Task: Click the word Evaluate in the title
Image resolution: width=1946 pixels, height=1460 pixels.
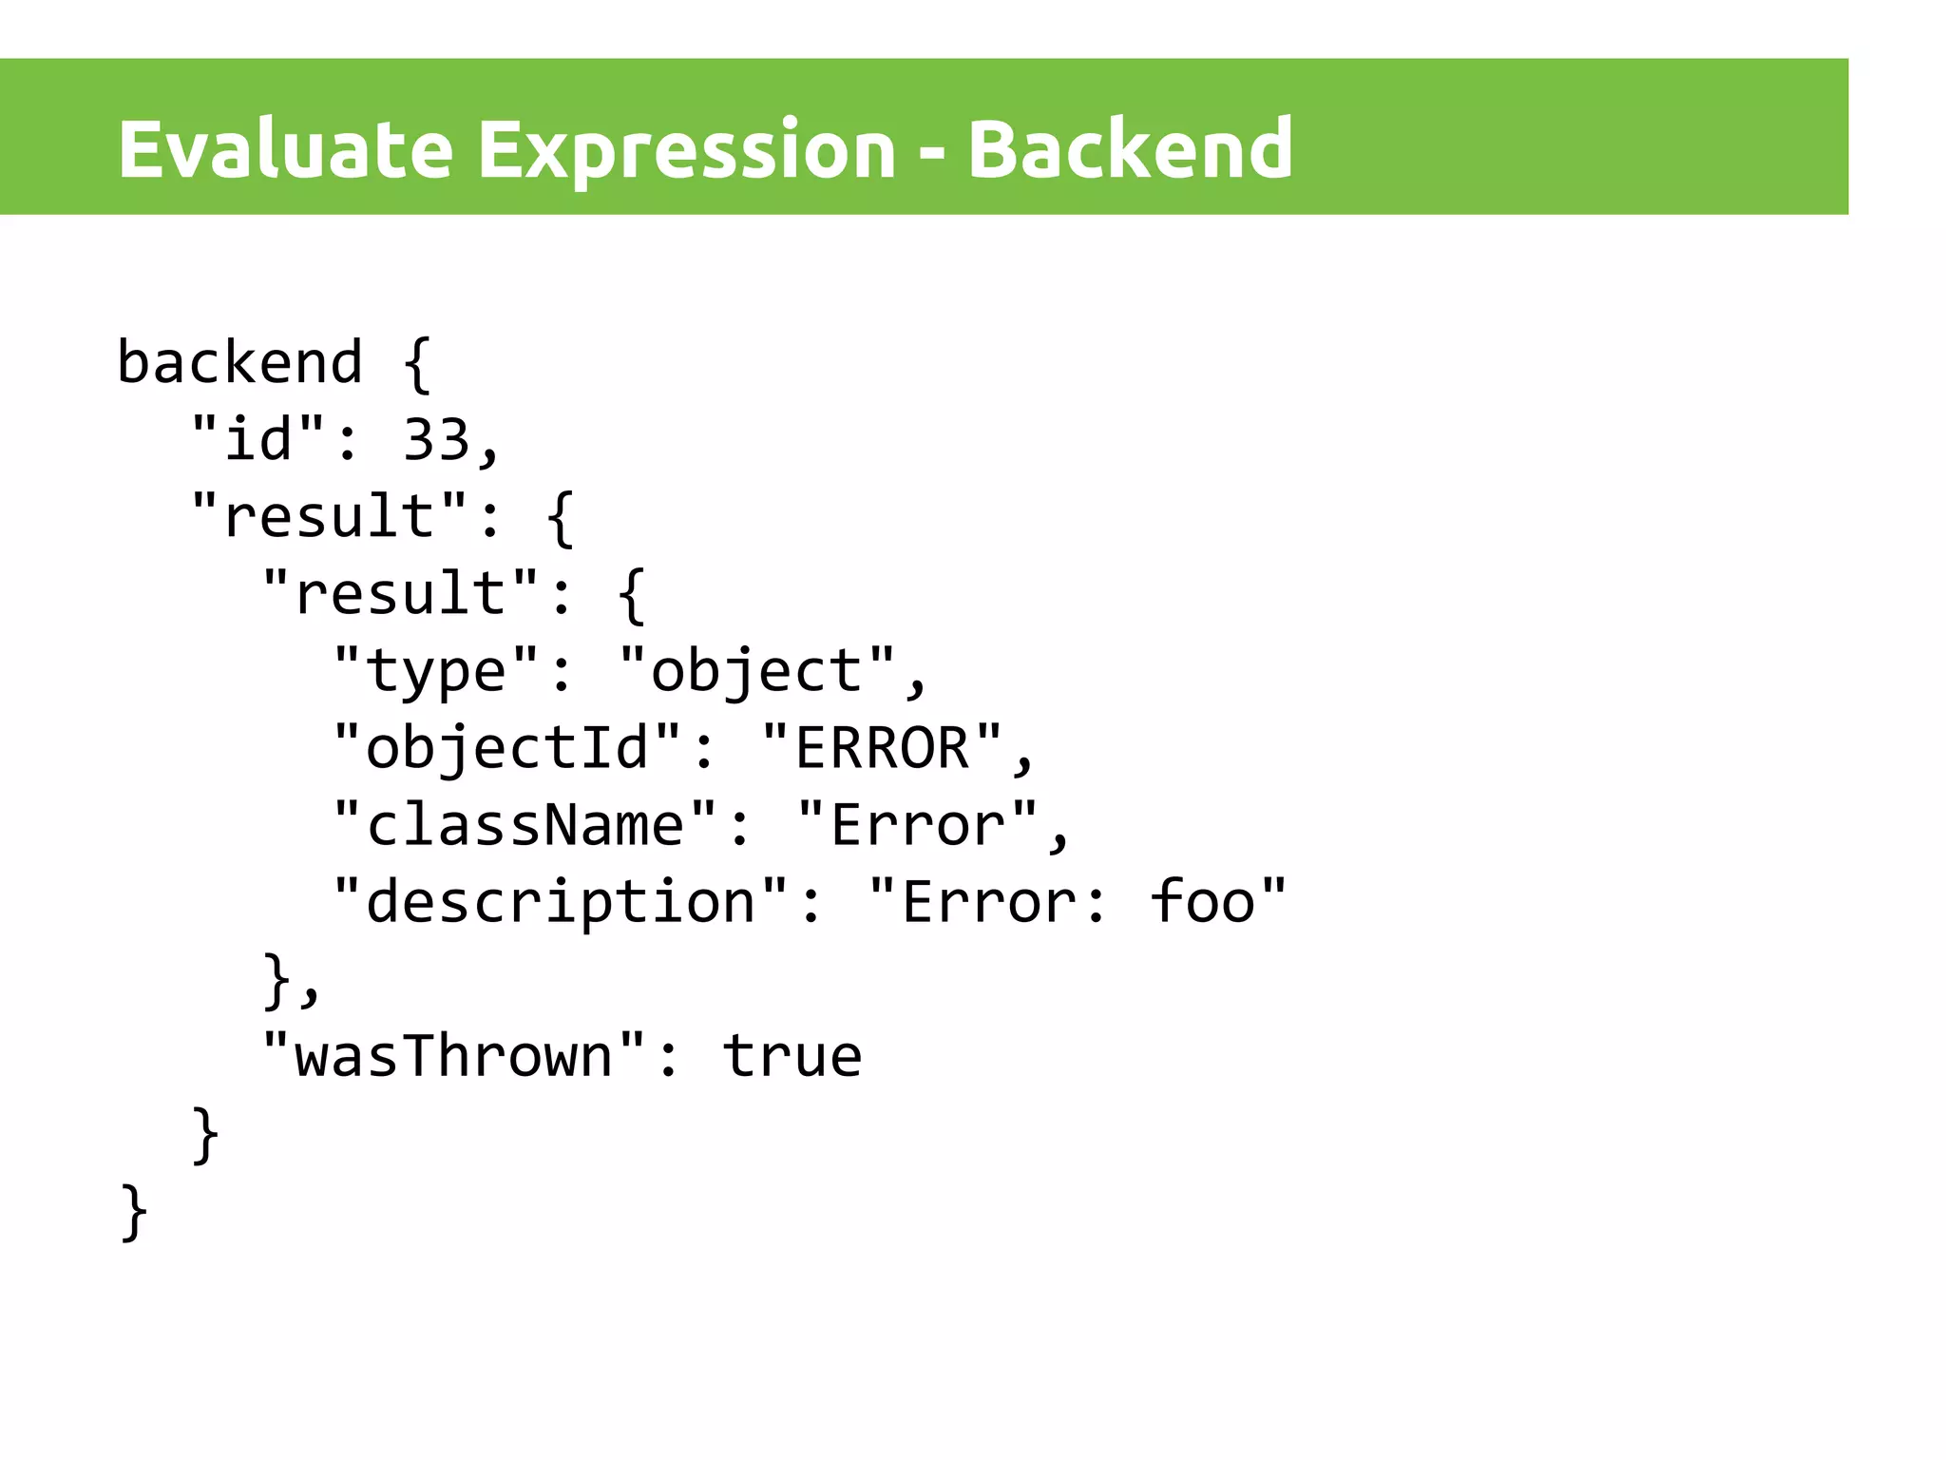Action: click(x=285, y=150)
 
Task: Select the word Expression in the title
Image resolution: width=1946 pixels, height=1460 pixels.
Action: click(x=686, y=150)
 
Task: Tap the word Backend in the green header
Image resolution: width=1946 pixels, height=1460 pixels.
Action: click(x=1130, y=150)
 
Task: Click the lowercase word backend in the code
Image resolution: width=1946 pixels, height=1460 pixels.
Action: click(x=239, y=363)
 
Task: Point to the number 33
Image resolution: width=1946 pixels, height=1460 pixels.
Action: click(x=437, y=440)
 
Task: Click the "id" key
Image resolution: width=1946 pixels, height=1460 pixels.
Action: click(x=258, y=440)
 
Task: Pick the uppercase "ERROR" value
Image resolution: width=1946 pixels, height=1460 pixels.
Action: click(x=882, y=748)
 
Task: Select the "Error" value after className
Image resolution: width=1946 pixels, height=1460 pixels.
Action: click(x=918, y=825)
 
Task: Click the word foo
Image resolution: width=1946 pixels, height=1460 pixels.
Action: click(x=1202, y=902)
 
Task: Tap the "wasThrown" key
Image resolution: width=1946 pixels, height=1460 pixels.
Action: click(x=454, y=1056)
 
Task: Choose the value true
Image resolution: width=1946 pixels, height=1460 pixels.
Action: click(x=792, y=1056)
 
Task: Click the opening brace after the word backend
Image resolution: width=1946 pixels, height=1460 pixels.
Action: click(x=418, y=363)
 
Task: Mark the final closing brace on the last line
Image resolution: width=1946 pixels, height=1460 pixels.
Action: click(x=134, y=1211)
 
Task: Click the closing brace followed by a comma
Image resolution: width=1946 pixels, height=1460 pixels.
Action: click(x=277, y=979)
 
